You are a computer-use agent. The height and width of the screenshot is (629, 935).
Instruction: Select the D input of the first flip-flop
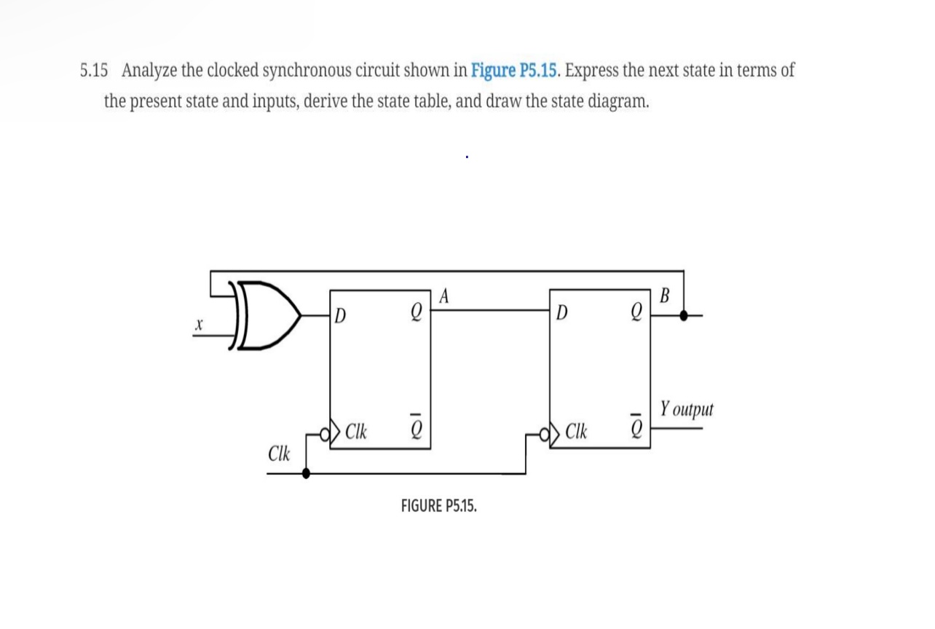(x=340, y=316)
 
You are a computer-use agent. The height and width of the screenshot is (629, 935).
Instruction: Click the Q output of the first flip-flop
(x=416, y=314)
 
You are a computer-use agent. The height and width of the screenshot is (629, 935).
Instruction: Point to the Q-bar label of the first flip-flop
(x=416, y=429)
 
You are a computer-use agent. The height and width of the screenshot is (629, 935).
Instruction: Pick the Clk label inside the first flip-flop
(x=355, y=431)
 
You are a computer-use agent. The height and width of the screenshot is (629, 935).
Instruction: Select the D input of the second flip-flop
(x=561, y=314)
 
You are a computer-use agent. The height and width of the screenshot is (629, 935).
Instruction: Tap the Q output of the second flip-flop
(x=636, y=314)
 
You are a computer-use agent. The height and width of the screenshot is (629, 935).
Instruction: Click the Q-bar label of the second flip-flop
(x=636, y=429)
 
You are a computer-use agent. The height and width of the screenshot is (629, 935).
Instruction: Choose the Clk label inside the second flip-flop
(x=576, y=431)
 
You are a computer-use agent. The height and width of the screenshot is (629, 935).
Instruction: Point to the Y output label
(x=687, y=409)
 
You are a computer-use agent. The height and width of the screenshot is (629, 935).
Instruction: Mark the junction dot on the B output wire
(x=683, y=315)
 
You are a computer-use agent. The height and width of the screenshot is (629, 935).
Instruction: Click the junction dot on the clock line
(x=306, y=473)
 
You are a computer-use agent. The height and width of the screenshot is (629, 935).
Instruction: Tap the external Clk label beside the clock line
(x=279, y=454)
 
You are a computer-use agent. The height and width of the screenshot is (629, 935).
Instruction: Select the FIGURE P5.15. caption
(x=439, y=506)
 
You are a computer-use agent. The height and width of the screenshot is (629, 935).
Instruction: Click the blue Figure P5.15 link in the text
(x=516, y=71)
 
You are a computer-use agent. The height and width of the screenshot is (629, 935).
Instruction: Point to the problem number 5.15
(x=94, y=71)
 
